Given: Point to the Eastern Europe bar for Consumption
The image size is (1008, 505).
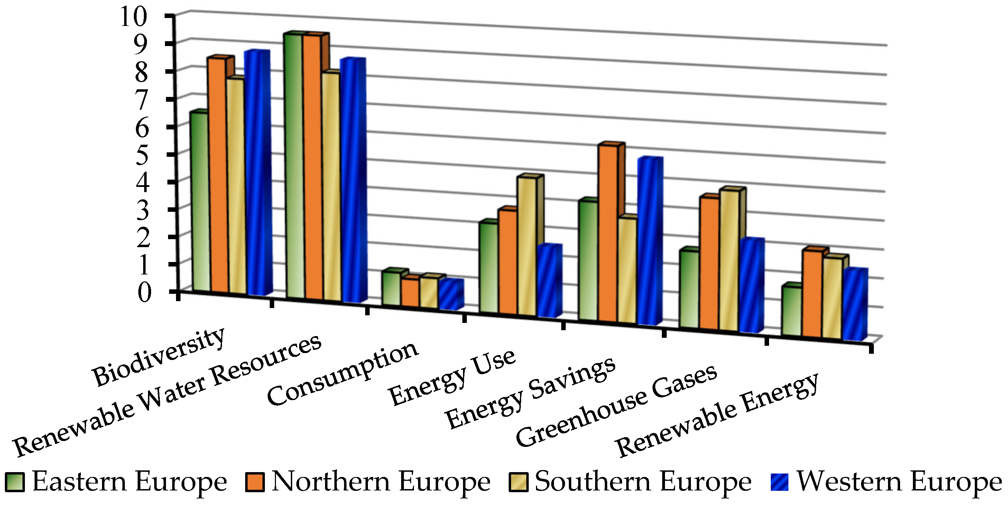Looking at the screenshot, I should (x=392, y=288).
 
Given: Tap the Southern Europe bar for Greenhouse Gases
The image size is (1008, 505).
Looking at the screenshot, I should (x=729, y=261).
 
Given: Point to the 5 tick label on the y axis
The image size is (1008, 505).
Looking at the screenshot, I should (x=142, y=155).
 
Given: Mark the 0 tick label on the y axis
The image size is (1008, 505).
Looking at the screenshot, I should (x=144, y=292).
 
